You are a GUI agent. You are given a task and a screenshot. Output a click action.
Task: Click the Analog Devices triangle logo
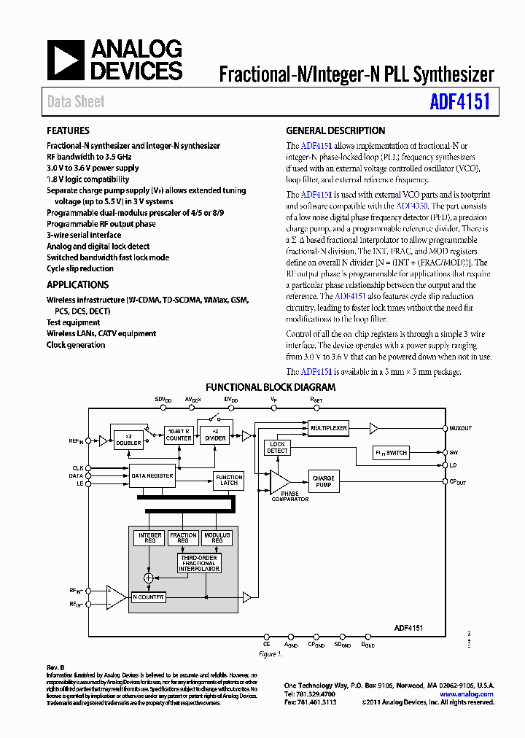[66, 61]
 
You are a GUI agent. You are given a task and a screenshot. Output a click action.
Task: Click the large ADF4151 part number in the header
[459, 101]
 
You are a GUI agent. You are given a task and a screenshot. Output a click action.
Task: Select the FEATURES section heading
[68, 131]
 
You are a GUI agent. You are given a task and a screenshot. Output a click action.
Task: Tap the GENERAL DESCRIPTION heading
[335, 131]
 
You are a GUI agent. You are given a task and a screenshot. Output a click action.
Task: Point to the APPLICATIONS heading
[77, 285]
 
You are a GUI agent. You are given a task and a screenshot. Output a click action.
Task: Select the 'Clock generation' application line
[76, 345]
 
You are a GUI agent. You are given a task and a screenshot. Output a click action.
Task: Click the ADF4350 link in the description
[411, 206]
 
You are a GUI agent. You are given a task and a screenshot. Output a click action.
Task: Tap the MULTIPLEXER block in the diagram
[327, 428]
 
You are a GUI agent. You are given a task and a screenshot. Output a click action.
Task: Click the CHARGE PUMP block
[323, 482]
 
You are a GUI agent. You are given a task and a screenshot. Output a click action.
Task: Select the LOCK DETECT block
[277, 448]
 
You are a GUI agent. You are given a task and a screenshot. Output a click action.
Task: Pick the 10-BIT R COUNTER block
[179, 435]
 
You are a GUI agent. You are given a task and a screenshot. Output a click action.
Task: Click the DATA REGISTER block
[152, 475]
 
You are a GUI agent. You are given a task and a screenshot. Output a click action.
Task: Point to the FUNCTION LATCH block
[228, 479]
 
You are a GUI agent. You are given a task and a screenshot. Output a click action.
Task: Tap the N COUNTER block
[149, 597]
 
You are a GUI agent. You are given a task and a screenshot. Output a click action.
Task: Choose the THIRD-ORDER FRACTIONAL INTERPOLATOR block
[198, 563]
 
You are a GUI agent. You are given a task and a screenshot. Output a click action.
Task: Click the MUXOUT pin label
[461, 429]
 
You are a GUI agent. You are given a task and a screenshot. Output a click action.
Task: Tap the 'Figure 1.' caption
[271, 654]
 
